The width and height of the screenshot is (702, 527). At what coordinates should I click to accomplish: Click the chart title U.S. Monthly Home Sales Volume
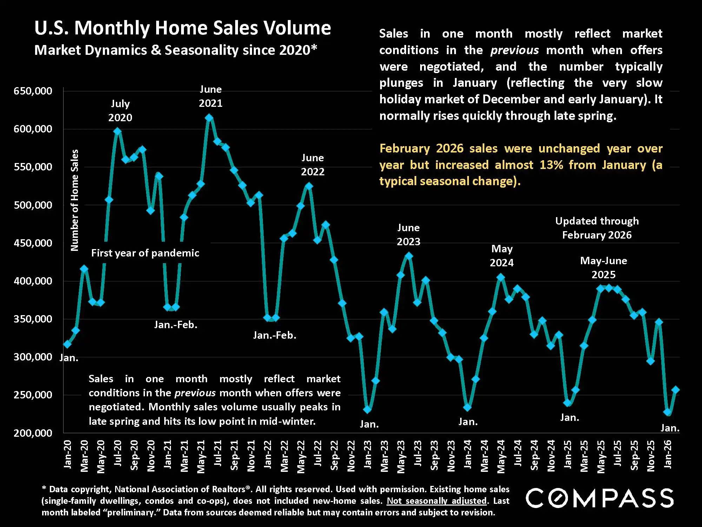click(183, 28)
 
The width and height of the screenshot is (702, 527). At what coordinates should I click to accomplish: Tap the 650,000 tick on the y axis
click(33, 91)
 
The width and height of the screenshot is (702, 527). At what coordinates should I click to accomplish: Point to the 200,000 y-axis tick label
click(33, 433)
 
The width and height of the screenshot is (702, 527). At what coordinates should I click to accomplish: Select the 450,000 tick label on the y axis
click(33, 243)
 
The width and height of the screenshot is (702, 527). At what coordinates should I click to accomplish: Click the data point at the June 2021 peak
click(209, 118)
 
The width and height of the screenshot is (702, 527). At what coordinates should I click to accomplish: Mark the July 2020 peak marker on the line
click(118, 131)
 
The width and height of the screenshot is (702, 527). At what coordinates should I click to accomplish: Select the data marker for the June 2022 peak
click(309, 186)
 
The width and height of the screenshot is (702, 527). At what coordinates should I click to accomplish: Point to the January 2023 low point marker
click(367, 409)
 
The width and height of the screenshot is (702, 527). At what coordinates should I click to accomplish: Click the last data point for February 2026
click(675, 390)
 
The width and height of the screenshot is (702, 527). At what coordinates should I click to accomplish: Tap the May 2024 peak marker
click(501, 278)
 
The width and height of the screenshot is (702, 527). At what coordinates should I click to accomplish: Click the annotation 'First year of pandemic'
click(145, 253)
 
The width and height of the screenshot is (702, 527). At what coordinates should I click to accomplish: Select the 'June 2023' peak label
click(408, 235)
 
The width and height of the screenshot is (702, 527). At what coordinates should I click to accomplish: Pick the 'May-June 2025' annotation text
click(603, 267)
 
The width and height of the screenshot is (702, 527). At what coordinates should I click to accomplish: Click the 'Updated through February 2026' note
click(597, 228)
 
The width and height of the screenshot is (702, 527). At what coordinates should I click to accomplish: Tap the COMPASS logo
click(599, 498)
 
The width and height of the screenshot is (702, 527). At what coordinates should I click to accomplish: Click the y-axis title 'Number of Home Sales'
click(74, 200)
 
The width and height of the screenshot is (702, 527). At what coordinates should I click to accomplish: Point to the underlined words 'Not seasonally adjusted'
click(437, 501)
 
